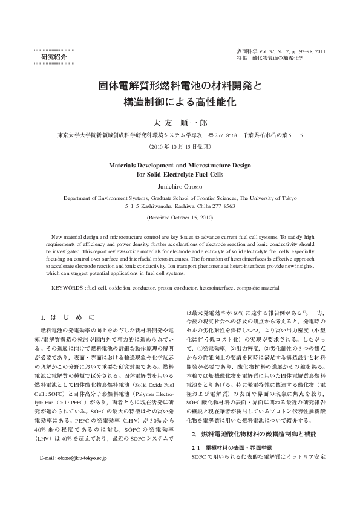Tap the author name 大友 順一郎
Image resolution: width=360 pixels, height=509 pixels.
click(180, 122)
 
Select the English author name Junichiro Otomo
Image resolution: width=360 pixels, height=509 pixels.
click(180, 186)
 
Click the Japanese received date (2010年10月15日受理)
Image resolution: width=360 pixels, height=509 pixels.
click(180, 146)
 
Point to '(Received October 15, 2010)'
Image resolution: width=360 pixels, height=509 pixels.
click(180, 216)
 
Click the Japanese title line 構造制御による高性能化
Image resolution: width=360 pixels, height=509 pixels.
click(180, 100)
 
